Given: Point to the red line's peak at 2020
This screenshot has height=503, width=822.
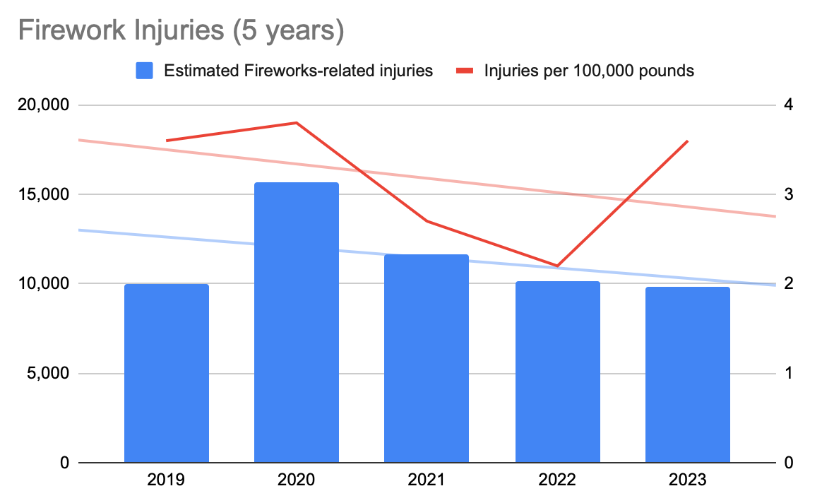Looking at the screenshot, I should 297,123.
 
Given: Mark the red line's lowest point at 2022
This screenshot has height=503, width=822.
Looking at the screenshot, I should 557,266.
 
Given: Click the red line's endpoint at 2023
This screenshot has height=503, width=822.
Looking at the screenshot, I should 687,141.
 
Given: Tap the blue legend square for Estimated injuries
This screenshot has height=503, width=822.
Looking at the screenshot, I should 144,71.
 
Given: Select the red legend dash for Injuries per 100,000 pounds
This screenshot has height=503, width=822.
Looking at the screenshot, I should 465,71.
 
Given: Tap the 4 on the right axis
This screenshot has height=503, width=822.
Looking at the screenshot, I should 788,105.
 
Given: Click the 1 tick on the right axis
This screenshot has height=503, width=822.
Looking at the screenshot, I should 788,373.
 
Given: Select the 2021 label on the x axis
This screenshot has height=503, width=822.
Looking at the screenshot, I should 427,481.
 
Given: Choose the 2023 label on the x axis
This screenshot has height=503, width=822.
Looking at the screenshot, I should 687,481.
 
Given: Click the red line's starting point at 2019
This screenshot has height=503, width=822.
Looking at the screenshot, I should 167,141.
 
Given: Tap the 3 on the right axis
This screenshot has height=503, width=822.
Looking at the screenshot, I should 788,194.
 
